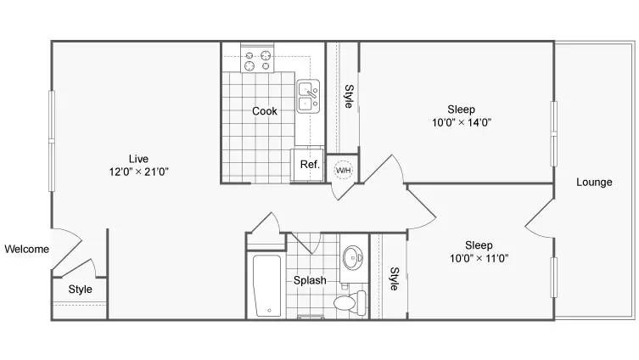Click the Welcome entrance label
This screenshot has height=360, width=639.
pyautogui.click(x=27, y=249)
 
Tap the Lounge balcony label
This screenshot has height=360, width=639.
pyautogui.click(x=594, y=182)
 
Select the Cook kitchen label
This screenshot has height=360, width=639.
pyautogui.click(x=265, y=111)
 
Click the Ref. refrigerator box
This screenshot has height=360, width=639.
pyautogui.click(x=309, y=165)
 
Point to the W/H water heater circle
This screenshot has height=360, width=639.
pyautogui.click(x=343, y=170)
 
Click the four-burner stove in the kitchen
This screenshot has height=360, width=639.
pyautogui.click(x=257, y=60)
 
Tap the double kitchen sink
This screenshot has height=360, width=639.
pyautogui.click(x=308, y=96)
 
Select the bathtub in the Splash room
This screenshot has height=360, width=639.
pyautogui.click(x=267, y=285)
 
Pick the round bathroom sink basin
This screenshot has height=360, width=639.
pyautogui.click(x=353, y=257)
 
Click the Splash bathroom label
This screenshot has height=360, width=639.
pyautogui.click(x=310, y=280)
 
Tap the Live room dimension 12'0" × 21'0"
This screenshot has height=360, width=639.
pyautogui.click(x=138, y=172)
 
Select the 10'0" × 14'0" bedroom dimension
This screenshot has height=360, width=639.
pyautogui.click(x=462, y=122)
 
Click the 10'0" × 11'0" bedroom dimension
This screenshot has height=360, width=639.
pyautogui.click(x=479, y=258)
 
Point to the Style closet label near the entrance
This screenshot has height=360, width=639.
pyautogui.click(x=81, y=289)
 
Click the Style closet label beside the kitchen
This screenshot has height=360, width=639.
pyautogui.click(x=349, y=96)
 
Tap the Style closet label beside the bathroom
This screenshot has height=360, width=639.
pyautogui.click(x=394, y=278)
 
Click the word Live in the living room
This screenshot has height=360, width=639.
pyautogui.click(x=138, y=159)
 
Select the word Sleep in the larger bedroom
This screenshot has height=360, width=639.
pyautogui.click(x=462, y=110)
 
